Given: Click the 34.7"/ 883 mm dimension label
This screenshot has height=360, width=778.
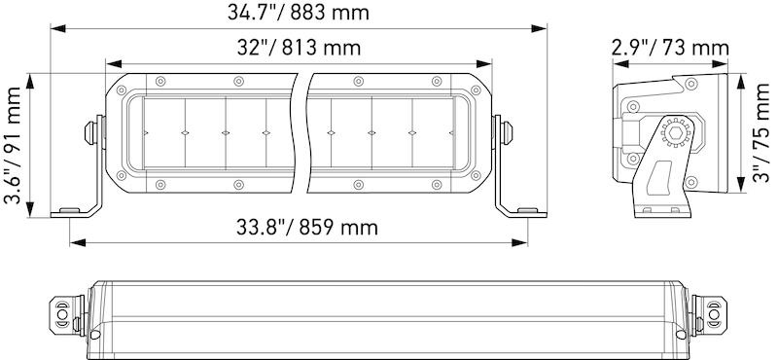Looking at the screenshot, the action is [x=299, y=13].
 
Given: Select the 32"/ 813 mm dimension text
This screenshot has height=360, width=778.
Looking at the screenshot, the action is [x=299, y=49].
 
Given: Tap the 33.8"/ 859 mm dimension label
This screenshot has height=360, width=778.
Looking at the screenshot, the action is [x=306, y=228].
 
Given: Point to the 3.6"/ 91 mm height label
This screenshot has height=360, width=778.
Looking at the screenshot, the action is [x=13, y=146].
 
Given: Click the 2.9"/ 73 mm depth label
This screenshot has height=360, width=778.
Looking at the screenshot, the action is [x=670, y=49].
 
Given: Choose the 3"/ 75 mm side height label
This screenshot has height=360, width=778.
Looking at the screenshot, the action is [x=761, y=132].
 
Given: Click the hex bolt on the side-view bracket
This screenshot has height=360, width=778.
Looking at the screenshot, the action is [x=675, y=132].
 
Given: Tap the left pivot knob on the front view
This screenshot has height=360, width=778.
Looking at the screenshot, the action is [x=89, y=133].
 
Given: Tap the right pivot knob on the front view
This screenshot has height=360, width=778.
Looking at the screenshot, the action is [x=507, y=133].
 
